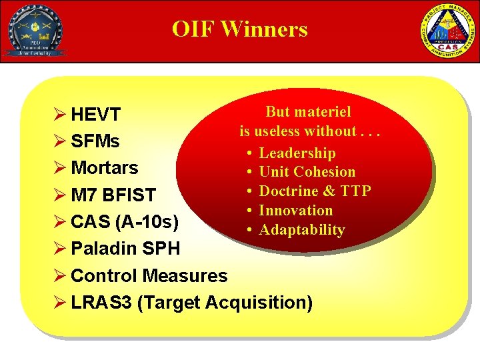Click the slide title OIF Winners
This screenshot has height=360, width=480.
(239, 29)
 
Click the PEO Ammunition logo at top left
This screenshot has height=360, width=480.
(34, 31)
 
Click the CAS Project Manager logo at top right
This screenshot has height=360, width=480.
(446, 31)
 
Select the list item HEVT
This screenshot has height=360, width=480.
(95, 115)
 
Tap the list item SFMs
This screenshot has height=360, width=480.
(95, 141)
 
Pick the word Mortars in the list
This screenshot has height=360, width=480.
(104, 167)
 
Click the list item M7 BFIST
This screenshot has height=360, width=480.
(113, 195)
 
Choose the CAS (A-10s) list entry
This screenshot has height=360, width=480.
(124, 221)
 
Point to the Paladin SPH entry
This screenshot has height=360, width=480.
(125, 248)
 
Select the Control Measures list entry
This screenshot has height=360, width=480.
(149, 275)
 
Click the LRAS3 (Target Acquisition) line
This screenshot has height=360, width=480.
(191, 302)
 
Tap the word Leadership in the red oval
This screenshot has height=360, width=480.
(297, 153)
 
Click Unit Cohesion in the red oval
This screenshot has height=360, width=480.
(307, 172)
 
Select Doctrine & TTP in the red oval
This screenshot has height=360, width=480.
(315, 191)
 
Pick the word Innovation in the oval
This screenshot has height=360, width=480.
(295, 211)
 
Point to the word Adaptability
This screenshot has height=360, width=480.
(301, 230)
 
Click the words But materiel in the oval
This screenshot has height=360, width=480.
(308, 112)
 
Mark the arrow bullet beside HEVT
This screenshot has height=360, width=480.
(60, 115)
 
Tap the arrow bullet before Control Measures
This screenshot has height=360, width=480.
(60, 275)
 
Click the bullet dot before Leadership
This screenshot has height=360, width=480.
(248, 153)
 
